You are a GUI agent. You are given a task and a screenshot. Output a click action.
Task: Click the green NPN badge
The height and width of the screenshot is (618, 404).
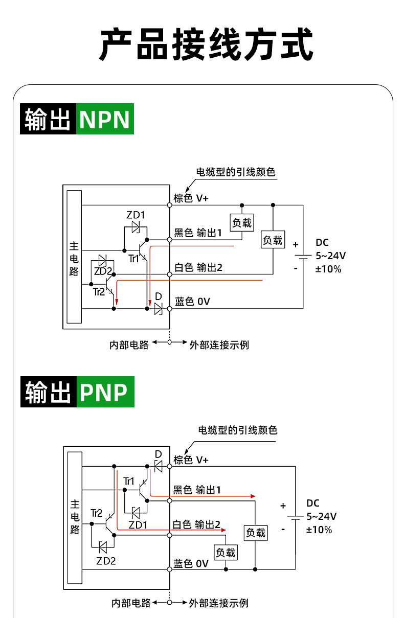[105, 119]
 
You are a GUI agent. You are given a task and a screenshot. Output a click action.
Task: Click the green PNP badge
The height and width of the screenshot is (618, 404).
[105, 392]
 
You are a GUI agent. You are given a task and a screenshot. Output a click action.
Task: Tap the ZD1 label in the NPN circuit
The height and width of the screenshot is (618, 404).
[136, 215]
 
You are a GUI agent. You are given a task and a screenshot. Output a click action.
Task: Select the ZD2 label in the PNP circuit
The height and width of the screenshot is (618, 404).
[106, 561]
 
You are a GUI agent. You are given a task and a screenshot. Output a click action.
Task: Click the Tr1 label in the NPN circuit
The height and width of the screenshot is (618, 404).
[133, 259]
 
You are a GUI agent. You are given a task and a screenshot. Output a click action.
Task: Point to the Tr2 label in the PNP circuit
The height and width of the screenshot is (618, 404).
[97, 513]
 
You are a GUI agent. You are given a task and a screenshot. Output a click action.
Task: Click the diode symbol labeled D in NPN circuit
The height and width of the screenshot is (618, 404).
[159, 309]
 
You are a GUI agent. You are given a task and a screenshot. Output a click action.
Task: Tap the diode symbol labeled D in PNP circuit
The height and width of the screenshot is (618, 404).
[159, 467]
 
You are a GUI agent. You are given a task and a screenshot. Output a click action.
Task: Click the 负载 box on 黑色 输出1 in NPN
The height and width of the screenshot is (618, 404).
[242, 223]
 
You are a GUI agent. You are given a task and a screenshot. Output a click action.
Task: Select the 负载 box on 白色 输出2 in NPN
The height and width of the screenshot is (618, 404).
[273, 239]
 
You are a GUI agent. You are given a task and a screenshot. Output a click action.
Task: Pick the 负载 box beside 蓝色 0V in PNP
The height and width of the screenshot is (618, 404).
[226, 553]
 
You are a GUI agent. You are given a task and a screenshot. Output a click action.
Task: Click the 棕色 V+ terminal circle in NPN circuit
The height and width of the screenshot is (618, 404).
[170, 205]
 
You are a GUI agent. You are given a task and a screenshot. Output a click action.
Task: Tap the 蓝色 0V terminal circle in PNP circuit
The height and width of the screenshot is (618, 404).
[170, 569]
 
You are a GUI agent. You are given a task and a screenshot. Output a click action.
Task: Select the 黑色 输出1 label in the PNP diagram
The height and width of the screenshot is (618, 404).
[197, 490]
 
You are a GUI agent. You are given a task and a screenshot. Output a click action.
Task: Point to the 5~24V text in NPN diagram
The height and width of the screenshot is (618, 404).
[330, 256]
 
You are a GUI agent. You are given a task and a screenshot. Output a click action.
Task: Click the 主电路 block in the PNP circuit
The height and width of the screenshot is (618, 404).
[75, 518]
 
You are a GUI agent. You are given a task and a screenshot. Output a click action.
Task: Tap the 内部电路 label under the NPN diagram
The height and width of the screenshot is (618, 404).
[129, 345]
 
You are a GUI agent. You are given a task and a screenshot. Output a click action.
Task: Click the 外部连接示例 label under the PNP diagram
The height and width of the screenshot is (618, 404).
[219, 603]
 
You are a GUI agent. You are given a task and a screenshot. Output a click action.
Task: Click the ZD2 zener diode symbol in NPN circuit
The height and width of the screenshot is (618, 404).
[102, 260]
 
